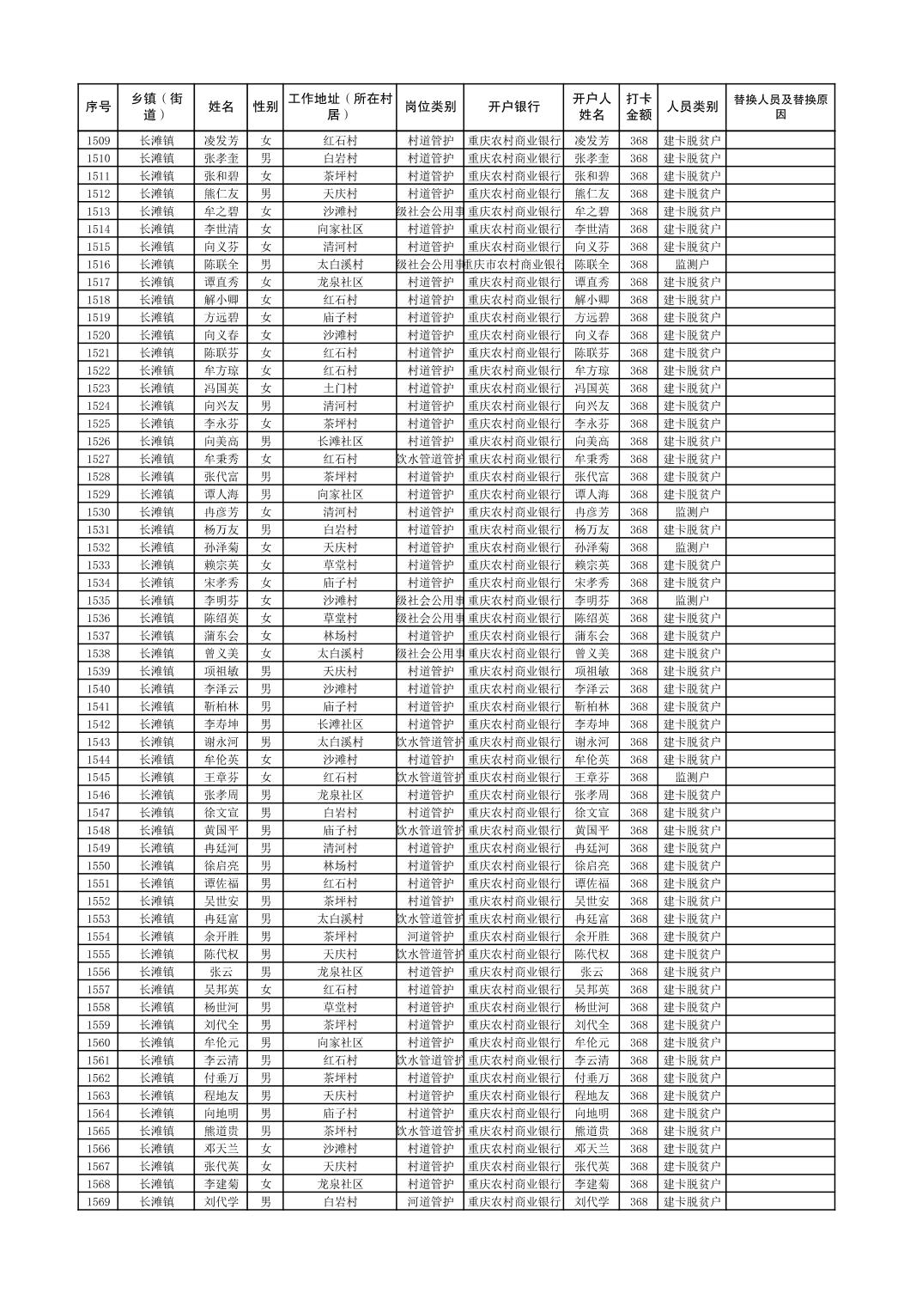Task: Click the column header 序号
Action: click(98, 107)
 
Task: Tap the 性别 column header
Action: click(265, 107)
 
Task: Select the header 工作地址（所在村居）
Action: click(340, 107)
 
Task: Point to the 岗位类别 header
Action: click(430, 107)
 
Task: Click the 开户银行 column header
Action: click(513, 107)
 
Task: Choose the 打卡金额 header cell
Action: click(638, 107)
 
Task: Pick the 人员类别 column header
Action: click(692, 107)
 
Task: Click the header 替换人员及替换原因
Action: click(779, 107)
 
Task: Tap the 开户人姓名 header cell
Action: click(591, 107)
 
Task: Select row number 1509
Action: click(98, 141)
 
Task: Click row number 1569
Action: click(98, 1202)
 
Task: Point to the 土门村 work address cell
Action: click(340, 388)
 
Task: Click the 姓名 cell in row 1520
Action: click(221, 335)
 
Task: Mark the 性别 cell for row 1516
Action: click(265, 265)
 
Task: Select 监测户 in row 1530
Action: click(692, 512)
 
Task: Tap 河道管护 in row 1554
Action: click(430, 937)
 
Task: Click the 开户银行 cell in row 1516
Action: click(513, 265)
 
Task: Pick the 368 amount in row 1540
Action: click(638, 689)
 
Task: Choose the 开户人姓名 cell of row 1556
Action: click(591, 972)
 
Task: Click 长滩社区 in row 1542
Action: click(340, 724)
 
